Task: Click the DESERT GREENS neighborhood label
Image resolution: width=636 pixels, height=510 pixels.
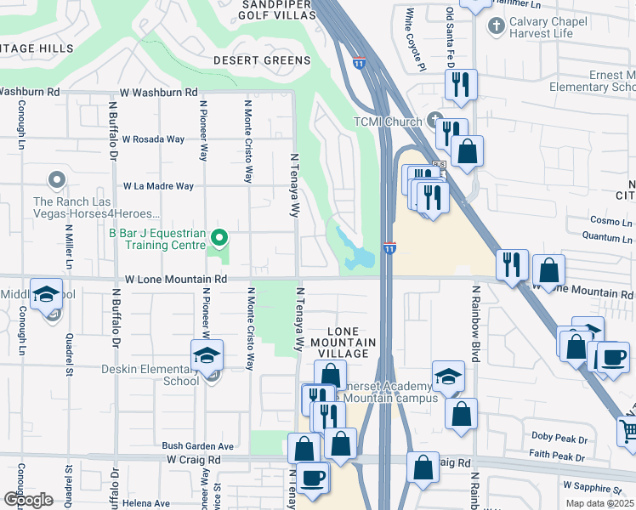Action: [x=262, y=60]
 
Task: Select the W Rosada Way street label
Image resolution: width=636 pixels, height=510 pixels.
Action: [x=153, y=139]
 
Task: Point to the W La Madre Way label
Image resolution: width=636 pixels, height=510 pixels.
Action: [x=158, y=185]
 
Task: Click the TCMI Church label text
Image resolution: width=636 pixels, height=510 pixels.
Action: [x=388, y=121]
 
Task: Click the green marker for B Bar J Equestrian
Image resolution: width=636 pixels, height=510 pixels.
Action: [x=219, y=237]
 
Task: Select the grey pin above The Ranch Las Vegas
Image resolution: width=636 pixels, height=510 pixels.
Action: [x=57, y=179]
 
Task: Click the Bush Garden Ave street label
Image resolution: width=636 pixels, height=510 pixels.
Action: [x=198, y=445]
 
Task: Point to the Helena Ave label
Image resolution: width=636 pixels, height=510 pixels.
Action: [x=145, y=503]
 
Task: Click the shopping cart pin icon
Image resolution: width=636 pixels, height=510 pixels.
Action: [x=627, y=432]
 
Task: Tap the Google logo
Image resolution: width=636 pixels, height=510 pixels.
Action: [x=29, y=499]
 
